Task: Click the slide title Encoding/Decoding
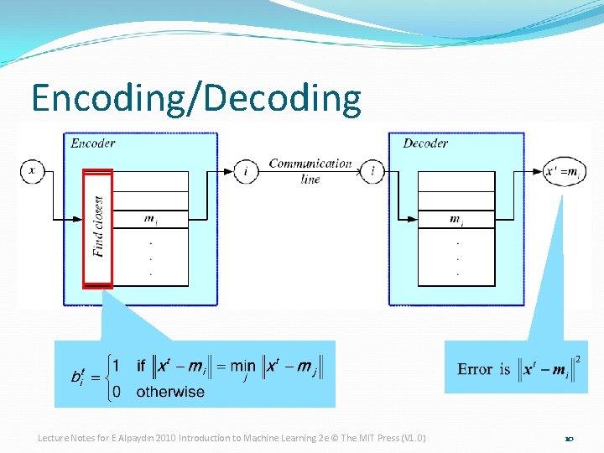pyautogui.click(x=195, y=98)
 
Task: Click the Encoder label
pyautogui.click(x=93, y=143)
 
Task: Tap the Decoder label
pyautogui.click(x=425, y=143)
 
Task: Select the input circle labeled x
pyautogui.click(x=32, y=171)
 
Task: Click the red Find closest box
pyautogui.click(x=97, y=228)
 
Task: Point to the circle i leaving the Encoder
pyautogui.click(x=246, y=171)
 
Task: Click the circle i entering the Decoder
pyautogui.click(x=372, y=171)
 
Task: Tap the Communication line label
pyautogui.click(x=310, y=170)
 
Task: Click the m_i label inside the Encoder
pyautogui.click(x=150, y=220)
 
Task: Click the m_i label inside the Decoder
pyautogui.click(x=457, y=220)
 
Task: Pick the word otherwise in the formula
pyautogui.click(x=170, y=392)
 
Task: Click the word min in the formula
pyautogui.click(x=243, y=367)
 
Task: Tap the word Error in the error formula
pyautogui.click(x=475, y=369)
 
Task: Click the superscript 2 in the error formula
pyautogui.click(x=577, y=359)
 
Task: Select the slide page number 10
pyautogui.click(x=568, y=439)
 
